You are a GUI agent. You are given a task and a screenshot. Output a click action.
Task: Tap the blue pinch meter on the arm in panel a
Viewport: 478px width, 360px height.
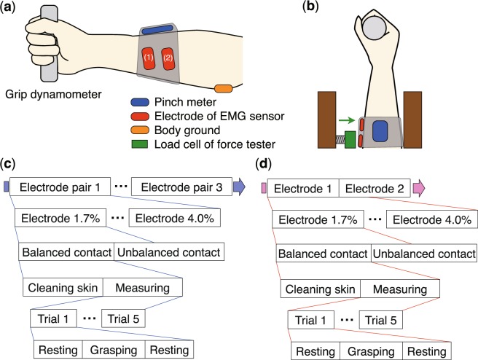[x=158, y=31]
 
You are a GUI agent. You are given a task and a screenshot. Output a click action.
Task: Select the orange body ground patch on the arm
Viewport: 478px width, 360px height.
[x=223, y=88]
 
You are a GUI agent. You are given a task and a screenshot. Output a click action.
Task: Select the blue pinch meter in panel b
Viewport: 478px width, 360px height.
[x=380, y=132]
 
